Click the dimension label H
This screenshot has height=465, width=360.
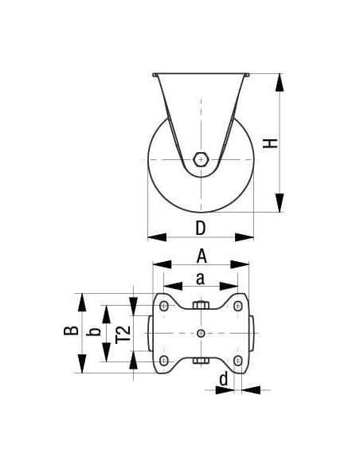coord(271,143)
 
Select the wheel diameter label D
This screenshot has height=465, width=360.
coord(201,228)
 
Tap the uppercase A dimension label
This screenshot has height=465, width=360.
coord(202,256)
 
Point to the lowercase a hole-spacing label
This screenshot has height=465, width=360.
coord(201,278)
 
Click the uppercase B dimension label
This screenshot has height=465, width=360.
coord(71,330)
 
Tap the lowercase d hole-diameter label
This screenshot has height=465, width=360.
coord(224,380)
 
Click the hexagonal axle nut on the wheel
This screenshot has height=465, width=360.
coord(202,159)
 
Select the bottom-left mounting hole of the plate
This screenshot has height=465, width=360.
coord(164,361)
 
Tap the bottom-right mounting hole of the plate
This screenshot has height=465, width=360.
coord(238,361)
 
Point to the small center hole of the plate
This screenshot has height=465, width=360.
coord(202,333)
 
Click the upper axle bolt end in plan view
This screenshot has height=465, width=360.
coord(202,307)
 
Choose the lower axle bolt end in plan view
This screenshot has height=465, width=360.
coord(202,361)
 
